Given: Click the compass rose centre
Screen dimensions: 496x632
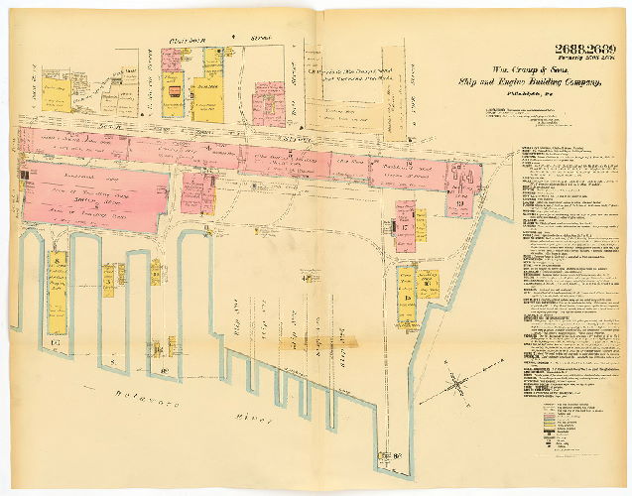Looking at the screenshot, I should (x=456, y=382).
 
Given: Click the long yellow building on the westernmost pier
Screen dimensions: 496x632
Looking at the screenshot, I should (x=58, y=294).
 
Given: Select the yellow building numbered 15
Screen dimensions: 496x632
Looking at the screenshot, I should (x=407, y=296).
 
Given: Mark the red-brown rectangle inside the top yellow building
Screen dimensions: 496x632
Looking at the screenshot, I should (x=174, y=91).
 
